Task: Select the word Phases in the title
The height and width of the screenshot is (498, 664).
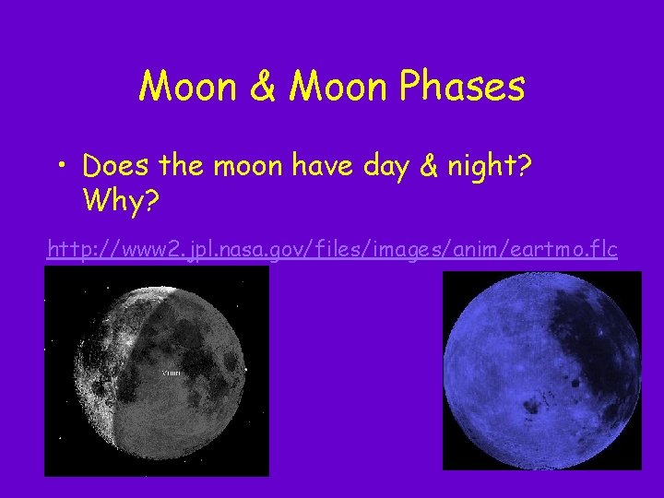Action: [465, 88]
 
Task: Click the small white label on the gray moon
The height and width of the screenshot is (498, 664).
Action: [172, 373]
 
